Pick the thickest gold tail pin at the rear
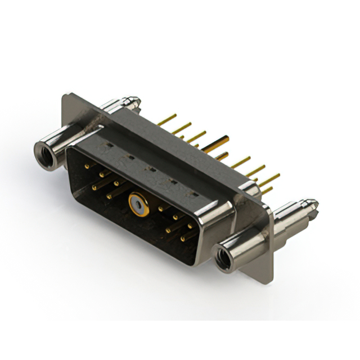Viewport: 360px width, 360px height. tap(217, 144)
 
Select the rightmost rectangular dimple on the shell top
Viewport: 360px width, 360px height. tap(195, 194)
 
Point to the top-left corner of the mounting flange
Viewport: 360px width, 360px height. tap(64, 94)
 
